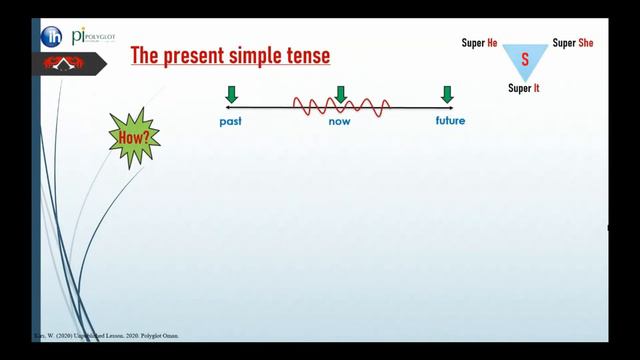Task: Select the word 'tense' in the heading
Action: (x=305, y=56)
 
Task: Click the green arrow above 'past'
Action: (x=232, y=95)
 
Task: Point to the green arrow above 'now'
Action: (x=341, y=95)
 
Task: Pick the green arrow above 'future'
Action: (x=447, y=95)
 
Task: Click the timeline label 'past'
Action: (x=231, y=122)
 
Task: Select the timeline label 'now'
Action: (x=339, y=122)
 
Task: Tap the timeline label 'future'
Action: (x=450, y=122)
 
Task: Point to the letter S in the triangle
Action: (x=523, y=60)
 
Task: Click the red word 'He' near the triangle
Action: (x=492, y=43)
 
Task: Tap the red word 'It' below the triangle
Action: (x=537, y=88)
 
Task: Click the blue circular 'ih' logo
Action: (x=51, y=37)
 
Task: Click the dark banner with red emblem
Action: (x=67, y=66)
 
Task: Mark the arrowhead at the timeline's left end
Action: (x=228, y=107)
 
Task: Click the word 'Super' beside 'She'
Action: (x=564, y=43)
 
